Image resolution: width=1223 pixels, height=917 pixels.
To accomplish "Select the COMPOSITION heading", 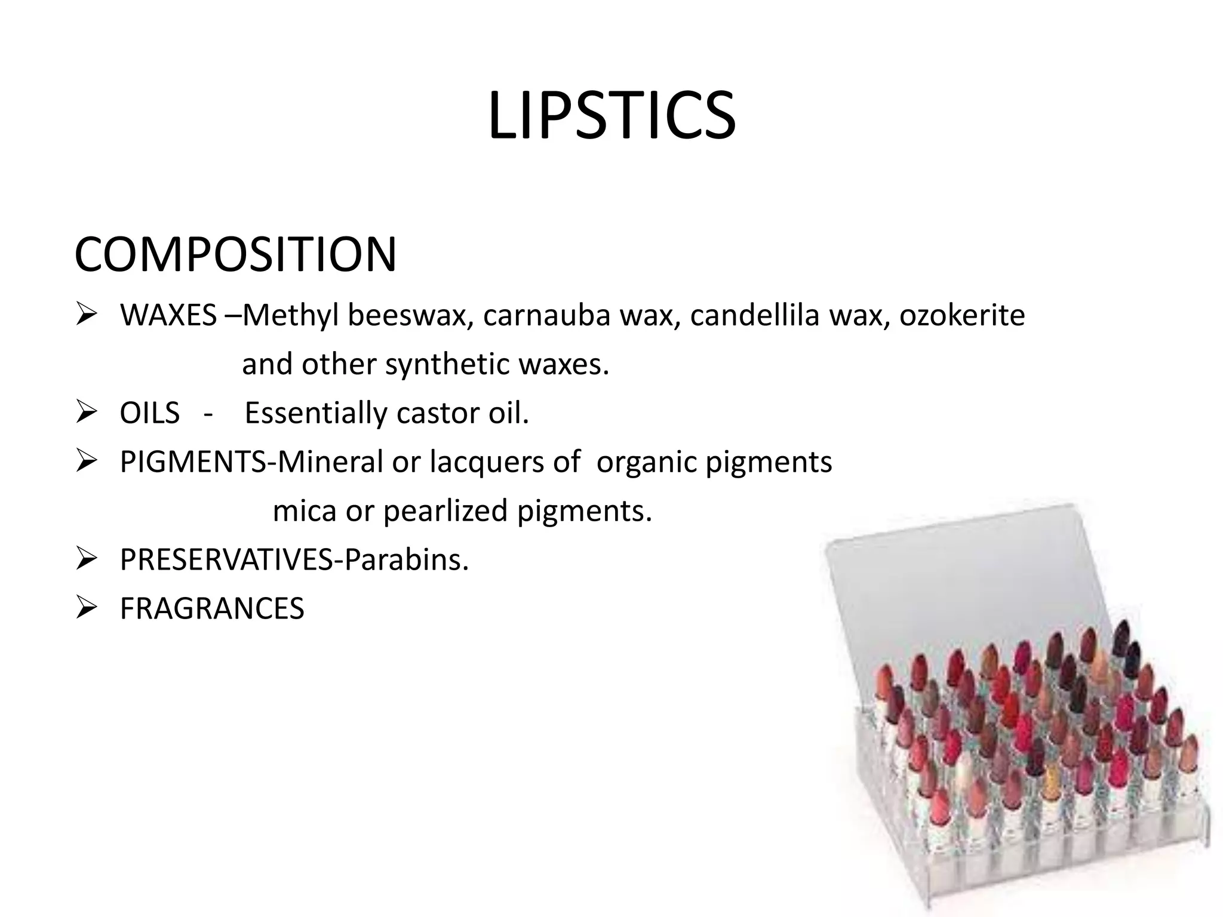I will (235, 255).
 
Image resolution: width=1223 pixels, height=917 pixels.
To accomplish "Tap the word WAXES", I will (168, 315).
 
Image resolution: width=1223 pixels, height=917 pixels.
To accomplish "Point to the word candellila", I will (754, 315).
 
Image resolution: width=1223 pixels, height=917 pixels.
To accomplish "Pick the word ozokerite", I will (962, 315).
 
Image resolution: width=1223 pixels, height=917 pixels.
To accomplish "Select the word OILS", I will (149, 413).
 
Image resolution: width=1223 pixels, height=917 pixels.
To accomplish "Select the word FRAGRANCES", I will (212, 609).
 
